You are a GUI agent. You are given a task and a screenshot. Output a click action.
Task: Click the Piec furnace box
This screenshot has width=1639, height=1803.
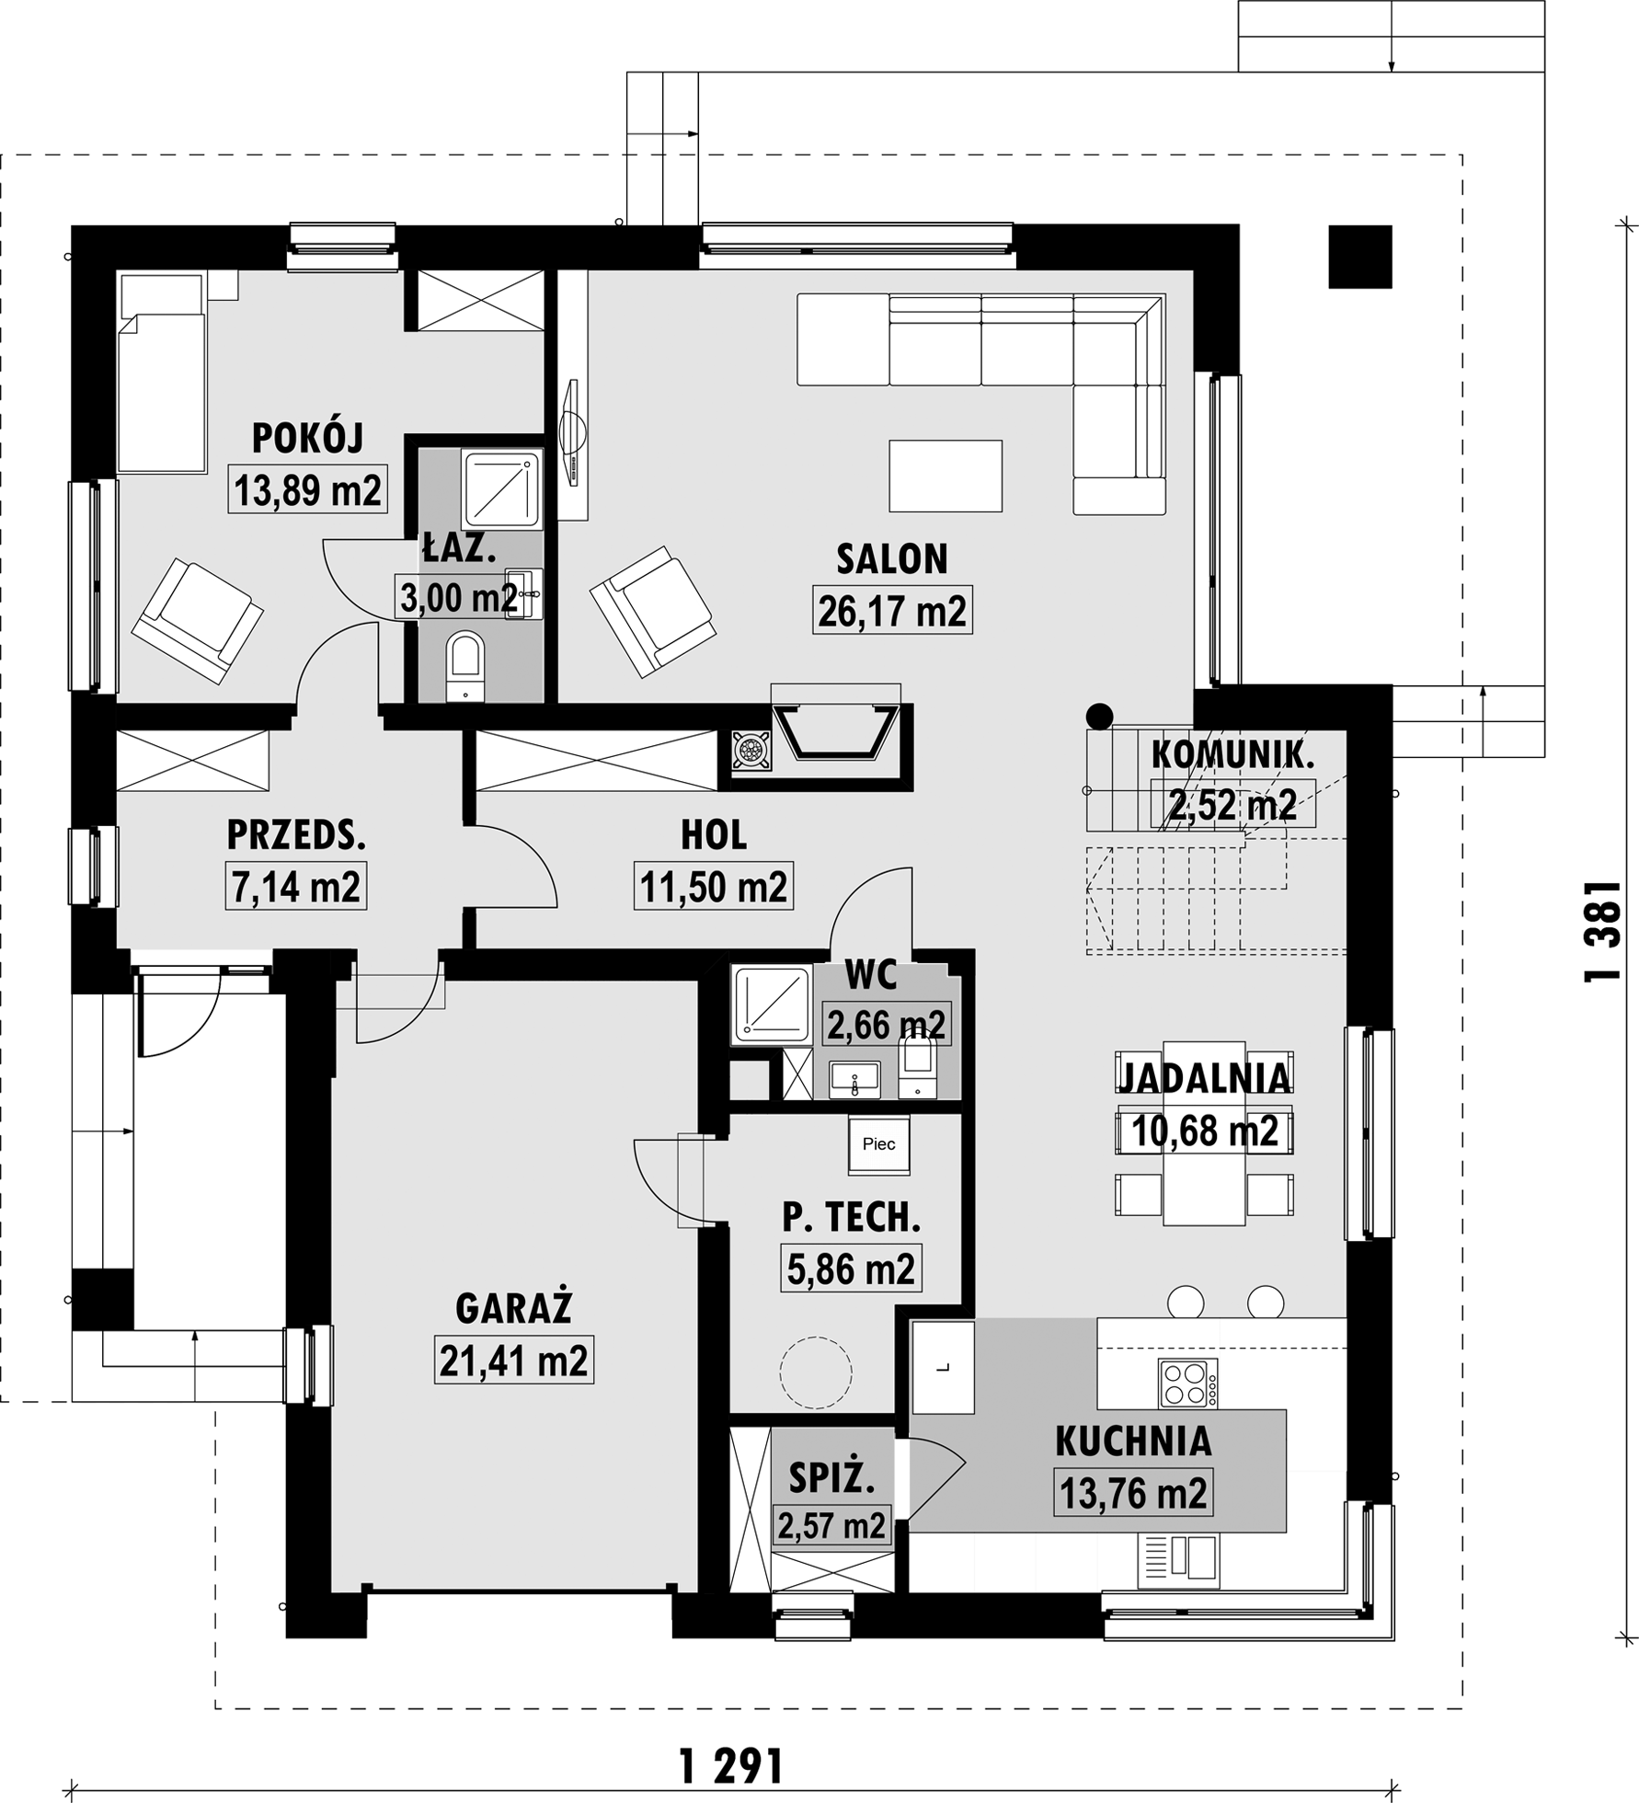tap(878, 1144)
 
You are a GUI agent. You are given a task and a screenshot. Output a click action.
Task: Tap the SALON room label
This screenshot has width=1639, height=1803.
tap(891, 559)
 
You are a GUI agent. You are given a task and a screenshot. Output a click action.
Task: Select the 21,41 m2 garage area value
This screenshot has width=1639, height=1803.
tap(514, 1361)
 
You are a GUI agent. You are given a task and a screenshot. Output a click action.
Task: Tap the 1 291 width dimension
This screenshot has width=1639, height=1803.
tap(731, 1765)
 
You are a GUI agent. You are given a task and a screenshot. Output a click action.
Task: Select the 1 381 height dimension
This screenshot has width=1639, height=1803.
tap(1601, 932)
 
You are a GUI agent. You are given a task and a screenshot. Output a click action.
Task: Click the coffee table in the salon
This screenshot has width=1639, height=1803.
tap(946, 476)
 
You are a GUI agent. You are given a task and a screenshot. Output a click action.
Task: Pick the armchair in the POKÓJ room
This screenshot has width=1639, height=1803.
tap(198, 622)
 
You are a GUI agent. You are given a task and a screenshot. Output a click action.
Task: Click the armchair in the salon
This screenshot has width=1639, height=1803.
tap(653, 612)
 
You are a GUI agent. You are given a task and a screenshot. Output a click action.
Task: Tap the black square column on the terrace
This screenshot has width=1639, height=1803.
tap(1359, 257)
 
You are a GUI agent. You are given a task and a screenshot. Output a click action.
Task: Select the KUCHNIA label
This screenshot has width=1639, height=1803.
tap(1133, 1441)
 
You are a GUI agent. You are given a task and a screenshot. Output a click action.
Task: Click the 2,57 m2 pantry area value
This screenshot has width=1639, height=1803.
tap(831, 1526)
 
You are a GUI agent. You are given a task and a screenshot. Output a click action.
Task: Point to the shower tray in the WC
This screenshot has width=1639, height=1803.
tap(772, 1005)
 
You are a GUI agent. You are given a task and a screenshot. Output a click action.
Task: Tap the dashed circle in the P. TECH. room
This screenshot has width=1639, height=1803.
tap(816, 1372)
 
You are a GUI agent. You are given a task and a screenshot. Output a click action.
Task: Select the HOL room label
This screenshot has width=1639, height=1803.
tap(714, 834)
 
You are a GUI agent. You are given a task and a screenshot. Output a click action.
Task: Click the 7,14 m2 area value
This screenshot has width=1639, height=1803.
tap(296, 887)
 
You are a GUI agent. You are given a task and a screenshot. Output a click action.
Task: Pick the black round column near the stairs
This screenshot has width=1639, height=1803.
tap(1099, 716)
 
